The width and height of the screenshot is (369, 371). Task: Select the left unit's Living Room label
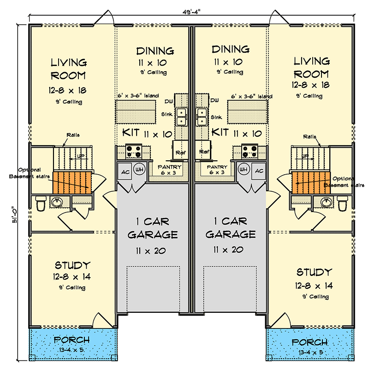pyautogui.click(x=68, y=69)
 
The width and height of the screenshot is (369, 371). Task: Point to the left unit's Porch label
pyautogui.click(x=71, y=341)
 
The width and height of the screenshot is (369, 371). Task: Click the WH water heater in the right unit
pyautogui.click(x=244, y=170)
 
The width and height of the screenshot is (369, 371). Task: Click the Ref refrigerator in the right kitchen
pyautogui.click(x=203, y=151)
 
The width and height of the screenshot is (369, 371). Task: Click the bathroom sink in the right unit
pyautogui.click(x=326, y=202)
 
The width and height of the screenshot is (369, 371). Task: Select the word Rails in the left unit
pyautogui.click(x=72, y=135)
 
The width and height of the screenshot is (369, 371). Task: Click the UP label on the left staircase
pyautogui.click(x=81, y=156)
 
